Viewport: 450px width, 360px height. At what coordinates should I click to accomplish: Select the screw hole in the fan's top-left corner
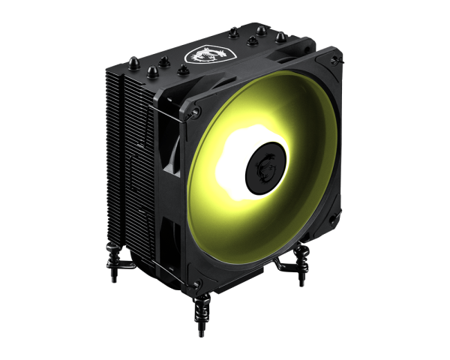(x=197, y=112)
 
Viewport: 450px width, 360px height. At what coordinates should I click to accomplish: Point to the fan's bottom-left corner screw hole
(x=196, y=283)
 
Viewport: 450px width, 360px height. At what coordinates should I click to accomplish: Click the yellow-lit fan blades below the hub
(x=262, y=225)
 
